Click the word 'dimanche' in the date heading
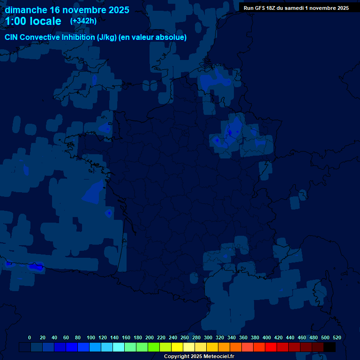coord(25,10)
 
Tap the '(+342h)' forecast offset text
coord(83,21)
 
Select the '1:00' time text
coord(15,21)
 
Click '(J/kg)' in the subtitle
coord(107,37)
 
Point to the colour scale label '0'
coord(30,337)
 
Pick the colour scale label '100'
coord(90,337)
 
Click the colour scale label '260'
coord(185,337)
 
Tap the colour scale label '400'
coord(267,337)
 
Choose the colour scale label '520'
coord(337,337)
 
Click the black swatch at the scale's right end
coord(330,347)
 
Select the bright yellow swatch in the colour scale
coord(177,347)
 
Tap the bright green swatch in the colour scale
coord(154,347)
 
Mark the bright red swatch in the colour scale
coord(271,347)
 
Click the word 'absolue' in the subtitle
coord(172,37)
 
